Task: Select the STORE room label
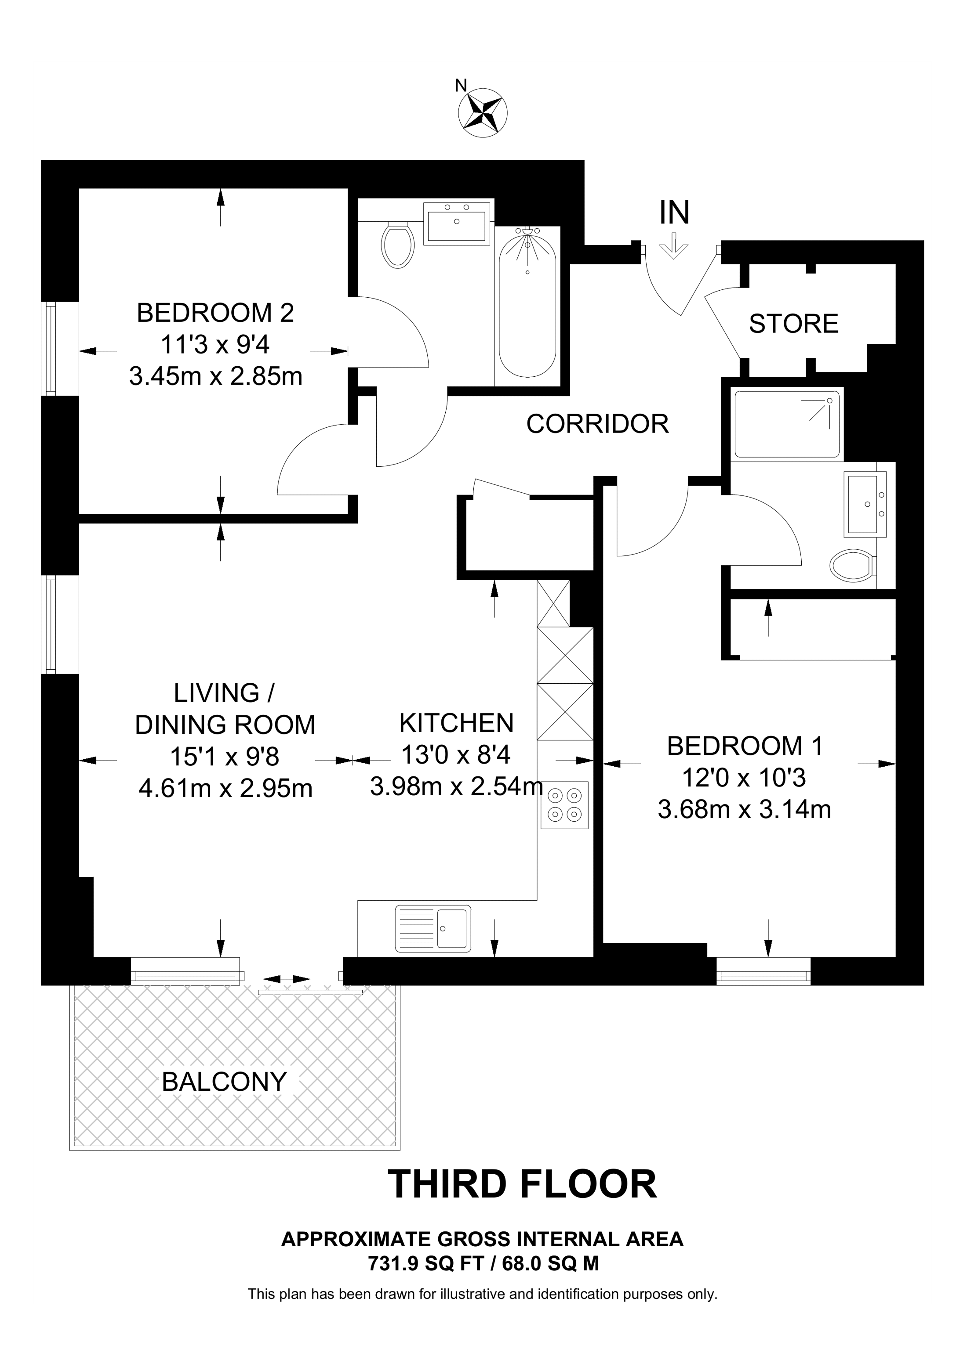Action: pyautogui.click(x=793, y=324)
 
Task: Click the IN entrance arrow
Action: pyautogui.click(x=674, y=245)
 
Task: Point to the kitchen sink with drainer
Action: pyautogui.click(x=433, y=928)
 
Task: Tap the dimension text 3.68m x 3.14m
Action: pyautogui.click(x=744, y=810)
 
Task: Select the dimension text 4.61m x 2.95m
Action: pyautogui.click(x=225, y=788)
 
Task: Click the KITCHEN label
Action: pyautogui.click(x=456, y=723)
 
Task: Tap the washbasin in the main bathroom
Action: pyautogui.click(x=456, y=222)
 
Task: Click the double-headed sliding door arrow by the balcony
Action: pyautogui.click(x=287, y=979)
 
